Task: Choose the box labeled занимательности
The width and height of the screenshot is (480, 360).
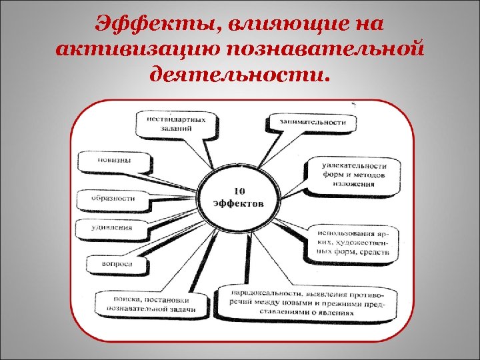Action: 308,122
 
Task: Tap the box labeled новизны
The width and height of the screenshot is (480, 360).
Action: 115,160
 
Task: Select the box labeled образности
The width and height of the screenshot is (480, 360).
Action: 114,198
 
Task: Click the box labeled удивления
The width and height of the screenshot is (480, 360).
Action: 112,227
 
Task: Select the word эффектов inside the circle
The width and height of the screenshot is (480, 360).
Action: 239,203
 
